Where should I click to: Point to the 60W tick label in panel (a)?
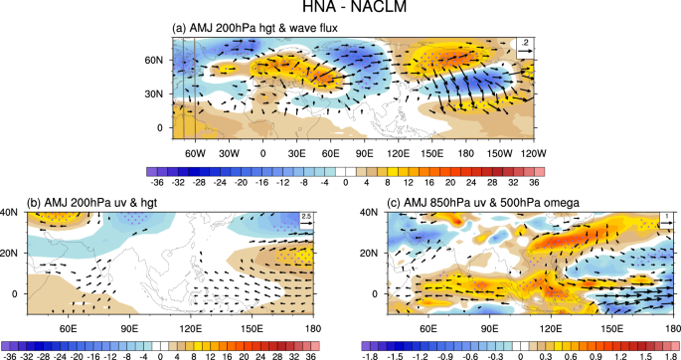[x=194, y=155]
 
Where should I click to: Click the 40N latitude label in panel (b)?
[x=12, y=211]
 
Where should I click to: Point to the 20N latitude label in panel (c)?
[x=369, y=253]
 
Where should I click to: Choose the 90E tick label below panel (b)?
[x=129, y=329]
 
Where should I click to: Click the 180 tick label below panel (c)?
[x=666, y=329]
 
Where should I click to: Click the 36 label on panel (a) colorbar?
[x=532, y=183]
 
